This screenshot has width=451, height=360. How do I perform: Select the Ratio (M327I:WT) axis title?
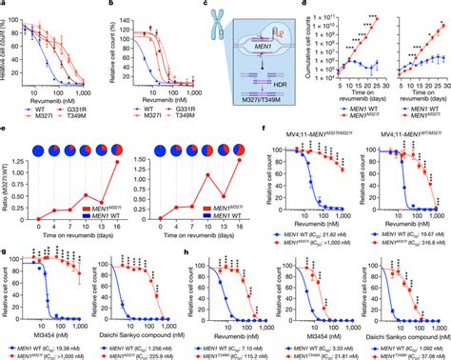click(8, 191)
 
